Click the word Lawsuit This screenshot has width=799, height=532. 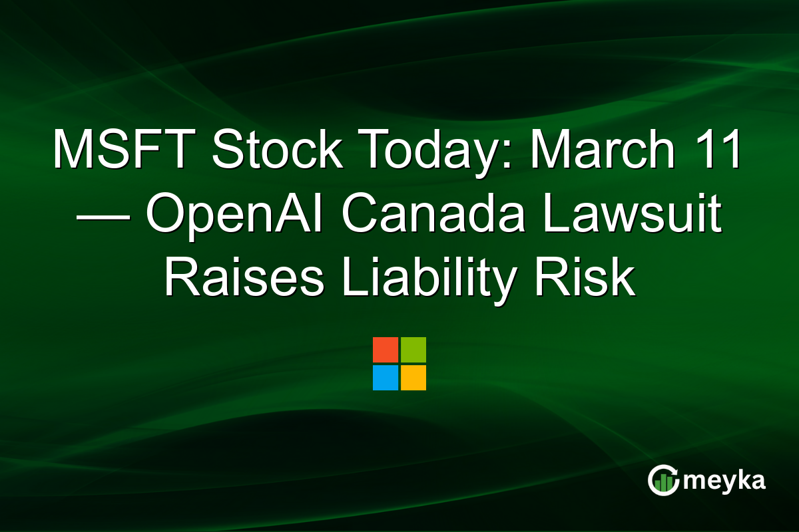pos(633,214)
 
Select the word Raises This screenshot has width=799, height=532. pos(244,279)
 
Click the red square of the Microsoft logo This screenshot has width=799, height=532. pos(386,350)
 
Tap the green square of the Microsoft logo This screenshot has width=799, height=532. pos(413,350)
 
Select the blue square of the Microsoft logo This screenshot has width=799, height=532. pos(386,378)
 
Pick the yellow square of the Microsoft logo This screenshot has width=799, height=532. pos(413,378)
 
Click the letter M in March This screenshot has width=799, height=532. pos(545,149)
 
